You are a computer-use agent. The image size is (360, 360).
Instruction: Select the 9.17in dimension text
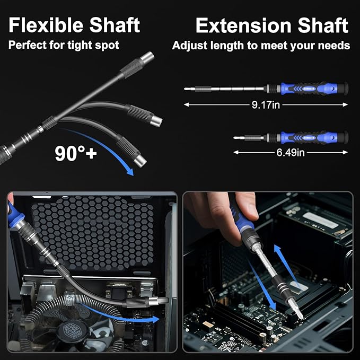pyautogui.click(x=266, y=104)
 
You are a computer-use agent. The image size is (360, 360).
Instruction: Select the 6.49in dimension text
pyautogui.click(x=291, y=153)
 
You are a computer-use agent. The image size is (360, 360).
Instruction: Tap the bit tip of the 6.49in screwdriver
pyautogui.click(x=236, y=138)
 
